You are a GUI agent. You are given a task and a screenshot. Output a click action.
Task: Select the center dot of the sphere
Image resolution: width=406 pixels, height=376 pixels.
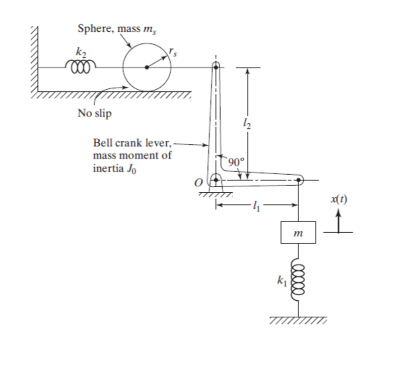pos(147,67)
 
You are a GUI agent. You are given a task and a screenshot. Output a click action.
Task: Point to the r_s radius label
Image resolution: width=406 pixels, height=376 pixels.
pos(174,51)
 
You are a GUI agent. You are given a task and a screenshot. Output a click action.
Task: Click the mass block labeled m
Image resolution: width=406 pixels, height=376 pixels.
pos(298,232)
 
